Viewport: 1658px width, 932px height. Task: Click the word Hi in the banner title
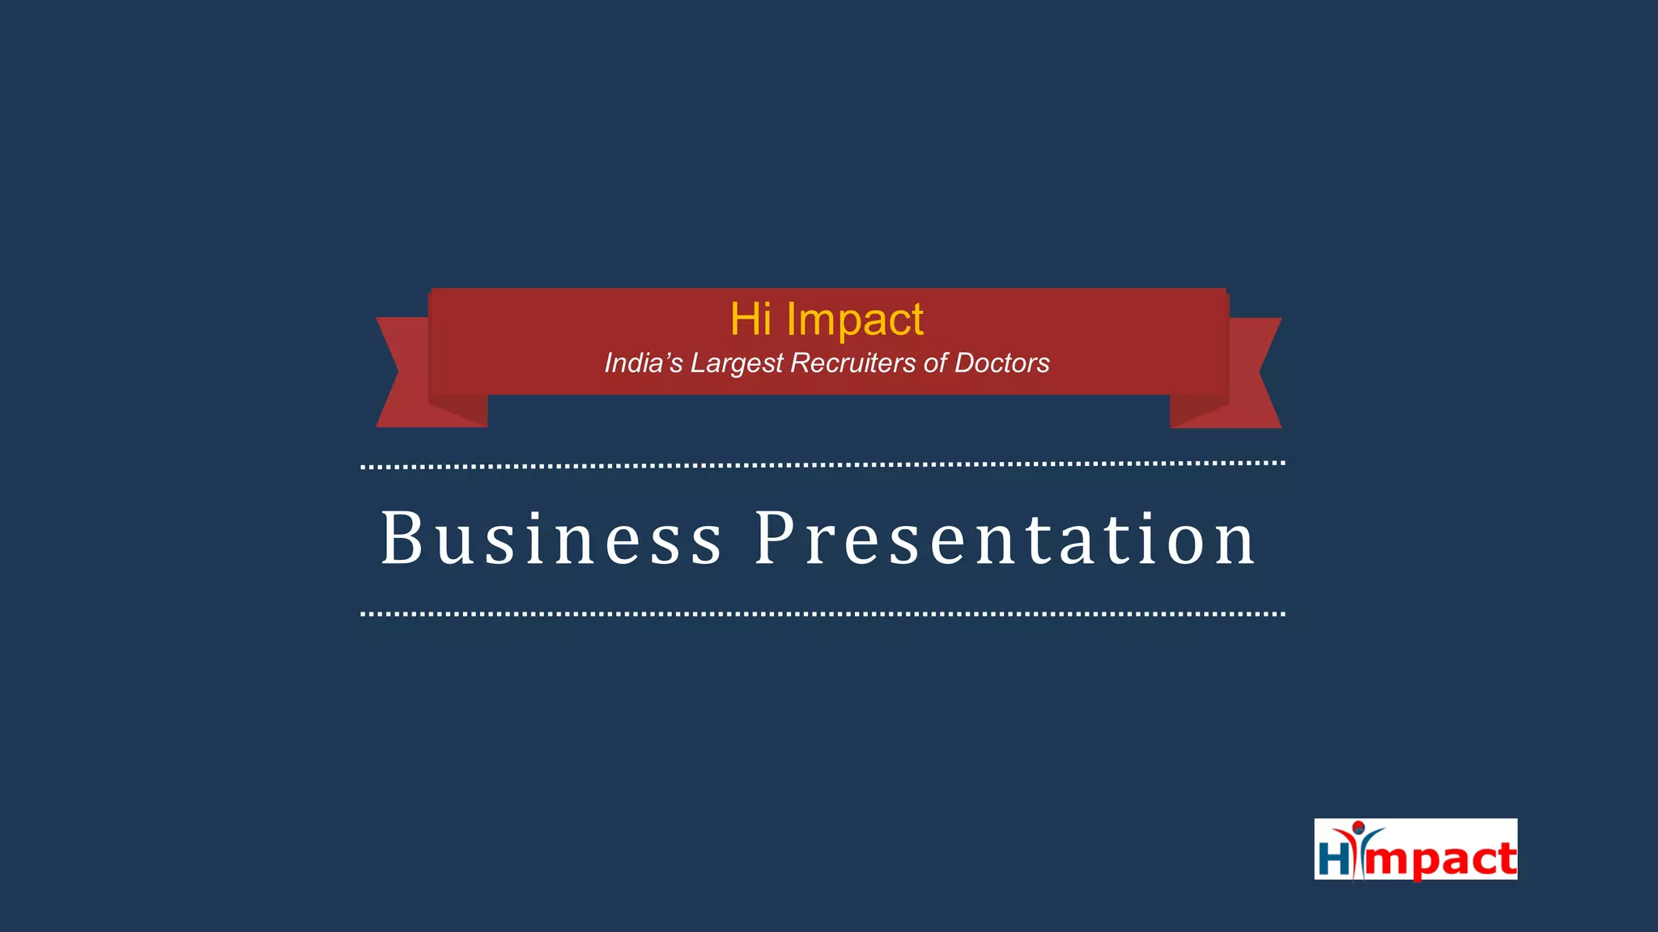click(x=750, y=319)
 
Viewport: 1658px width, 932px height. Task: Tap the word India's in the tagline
click(x=644, y=363)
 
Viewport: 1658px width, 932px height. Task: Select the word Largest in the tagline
click(x=737, y=363)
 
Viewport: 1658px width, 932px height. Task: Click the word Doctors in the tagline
click(x=1001, y=363)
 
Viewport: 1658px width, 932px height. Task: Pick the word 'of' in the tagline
click(x=935, y=363)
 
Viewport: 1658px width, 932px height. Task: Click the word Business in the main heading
click(x=551, y=539)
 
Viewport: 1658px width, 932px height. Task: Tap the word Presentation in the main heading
click(x=1005, y=539)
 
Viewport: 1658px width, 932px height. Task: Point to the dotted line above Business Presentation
click(x=823, y=465)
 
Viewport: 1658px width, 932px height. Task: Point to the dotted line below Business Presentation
click(x=823, y=614)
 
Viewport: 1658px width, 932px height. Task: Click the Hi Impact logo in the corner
click(x=1415, y=849)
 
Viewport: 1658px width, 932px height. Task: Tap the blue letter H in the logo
click(x=1333, y=859)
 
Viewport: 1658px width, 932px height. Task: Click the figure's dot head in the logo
click(x=1358, y=826)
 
